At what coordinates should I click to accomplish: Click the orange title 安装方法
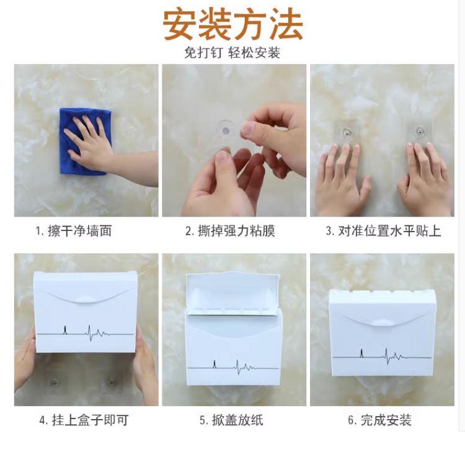[233, 24]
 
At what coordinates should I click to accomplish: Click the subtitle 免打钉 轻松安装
[232, 53]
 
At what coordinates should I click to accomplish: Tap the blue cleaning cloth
[86, 142]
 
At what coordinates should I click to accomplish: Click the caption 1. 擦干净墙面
[74, 231]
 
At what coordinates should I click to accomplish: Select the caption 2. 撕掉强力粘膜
[231, 231]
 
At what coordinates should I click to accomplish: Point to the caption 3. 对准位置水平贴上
[383, 231]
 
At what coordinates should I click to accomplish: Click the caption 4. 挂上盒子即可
[84, 420]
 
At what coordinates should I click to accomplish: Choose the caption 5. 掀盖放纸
[231, 420]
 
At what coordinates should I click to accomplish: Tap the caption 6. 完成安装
[379, 420]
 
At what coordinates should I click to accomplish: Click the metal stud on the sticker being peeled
[226, 130]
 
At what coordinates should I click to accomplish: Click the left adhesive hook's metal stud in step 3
[346, 130]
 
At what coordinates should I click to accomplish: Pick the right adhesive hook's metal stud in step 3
[419, 130]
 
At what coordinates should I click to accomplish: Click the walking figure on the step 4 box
[64, 330]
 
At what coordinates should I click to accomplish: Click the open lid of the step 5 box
[232, 292]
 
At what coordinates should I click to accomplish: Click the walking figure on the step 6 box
[361, 353]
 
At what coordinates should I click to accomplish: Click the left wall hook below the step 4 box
[55, 382]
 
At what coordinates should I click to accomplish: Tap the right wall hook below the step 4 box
[111, 382]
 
